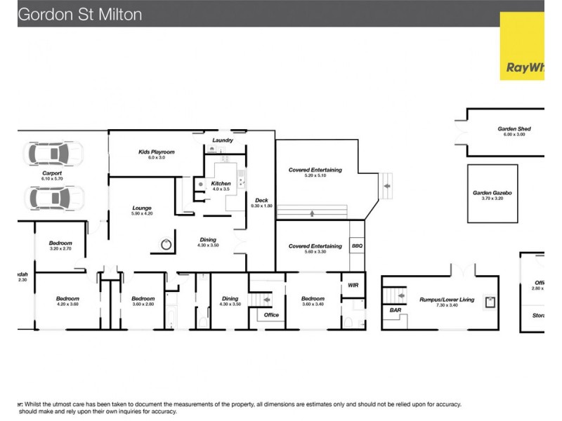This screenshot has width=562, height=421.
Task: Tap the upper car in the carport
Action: pos(53,153)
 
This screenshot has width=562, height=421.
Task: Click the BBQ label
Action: pos(356,246)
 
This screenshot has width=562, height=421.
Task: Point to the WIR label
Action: pos(353,286)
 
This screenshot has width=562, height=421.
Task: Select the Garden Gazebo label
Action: pos(492,192)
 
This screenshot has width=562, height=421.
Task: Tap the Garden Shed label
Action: pos(514,129)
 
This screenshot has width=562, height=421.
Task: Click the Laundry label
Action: pos(223,140)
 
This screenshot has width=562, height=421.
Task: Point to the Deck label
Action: pos(261,201)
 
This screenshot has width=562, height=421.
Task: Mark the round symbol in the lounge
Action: pos(166,245)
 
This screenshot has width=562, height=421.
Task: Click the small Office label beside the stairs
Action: pos(271,315)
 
